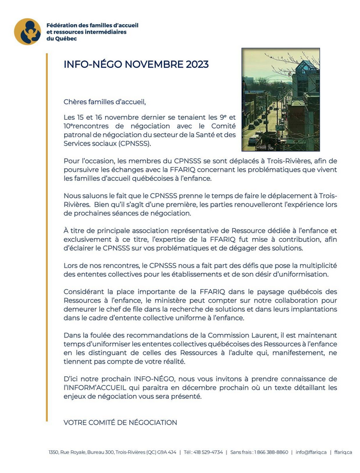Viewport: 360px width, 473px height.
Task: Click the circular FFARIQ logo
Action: pyautogui.click(x=27, y=32)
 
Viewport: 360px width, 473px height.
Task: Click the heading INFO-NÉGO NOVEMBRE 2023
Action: pyautogui.click(x=136, y=65)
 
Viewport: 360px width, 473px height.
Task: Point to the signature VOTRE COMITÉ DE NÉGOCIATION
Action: pyautogui.click(x=120, y=423)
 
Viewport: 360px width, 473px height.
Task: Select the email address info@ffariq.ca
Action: pyautogui.click(x=311, y=452)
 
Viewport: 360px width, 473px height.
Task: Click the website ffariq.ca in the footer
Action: pyautogui.click(x=343, y=452)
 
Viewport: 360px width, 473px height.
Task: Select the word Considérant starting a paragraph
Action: pyautogui.click(x=84, y=292)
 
